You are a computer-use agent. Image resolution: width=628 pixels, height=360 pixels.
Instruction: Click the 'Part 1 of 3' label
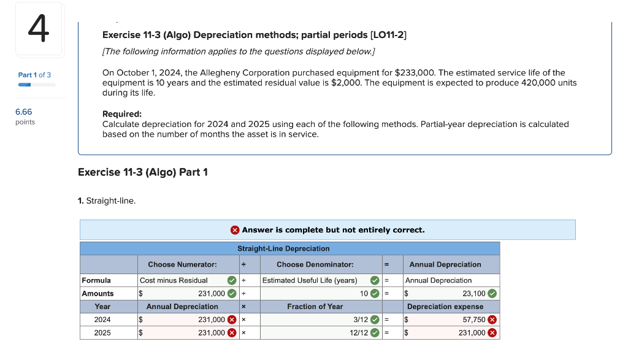click(34, 75)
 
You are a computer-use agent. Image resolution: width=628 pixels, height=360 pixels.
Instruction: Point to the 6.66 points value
click(24, 112)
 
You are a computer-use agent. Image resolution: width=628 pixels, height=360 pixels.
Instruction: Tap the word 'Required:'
click(121, 114)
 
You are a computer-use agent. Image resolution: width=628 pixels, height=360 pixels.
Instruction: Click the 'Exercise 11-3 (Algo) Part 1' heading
click(143, 172)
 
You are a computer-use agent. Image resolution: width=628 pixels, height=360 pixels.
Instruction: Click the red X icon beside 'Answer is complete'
click(235, 230)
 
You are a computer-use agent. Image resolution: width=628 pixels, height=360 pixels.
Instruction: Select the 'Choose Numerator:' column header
click(182, 264)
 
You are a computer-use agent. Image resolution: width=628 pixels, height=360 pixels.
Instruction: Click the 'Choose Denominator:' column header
click(315, 264)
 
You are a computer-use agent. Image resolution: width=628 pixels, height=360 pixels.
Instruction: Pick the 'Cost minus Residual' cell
click(174, 280)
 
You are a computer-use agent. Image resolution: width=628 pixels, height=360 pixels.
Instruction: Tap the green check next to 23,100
click(492, 293)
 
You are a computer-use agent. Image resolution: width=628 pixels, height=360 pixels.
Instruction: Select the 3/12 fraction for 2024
click(361, 320)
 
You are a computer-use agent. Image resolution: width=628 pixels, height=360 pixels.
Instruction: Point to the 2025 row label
click(102, 332)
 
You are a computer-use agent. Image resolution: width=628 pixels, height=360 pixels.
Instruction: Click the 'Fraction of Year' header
click(315, 307)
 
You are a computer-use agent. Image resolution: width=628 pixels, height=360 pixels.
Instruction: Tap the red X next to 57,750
click(492, 320)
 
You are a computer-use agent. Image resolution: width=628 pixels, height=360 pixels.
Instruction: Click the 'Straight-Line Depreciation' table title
click(283, 248)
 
